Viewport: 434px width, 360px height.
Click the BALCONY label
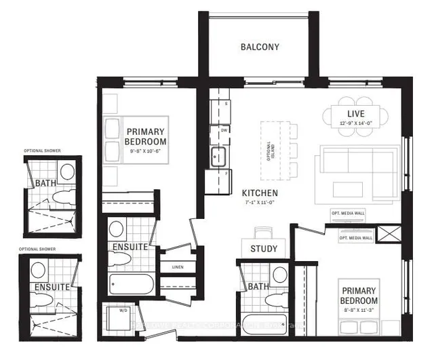260,47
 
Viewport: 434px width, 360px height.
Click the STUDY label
263,249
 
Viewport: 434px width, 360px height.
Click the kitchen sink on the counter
218,157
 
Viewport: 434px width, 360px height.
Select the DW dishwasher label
224,129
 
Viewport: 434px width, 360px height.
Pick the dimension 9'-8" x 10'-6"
144,151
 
